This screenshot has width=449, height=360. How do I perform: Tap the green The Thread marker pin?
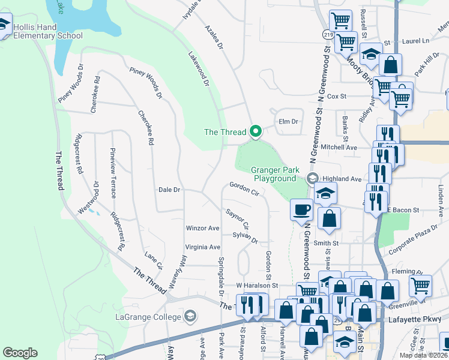point(256,131)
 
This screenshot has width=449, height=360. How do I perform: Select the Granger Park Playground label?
point(274,174)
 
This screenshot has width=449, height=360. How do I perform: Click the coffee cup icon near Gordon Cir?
point(301,210)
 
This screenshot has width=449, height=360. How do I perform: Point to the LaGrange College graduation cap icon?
point(190,316)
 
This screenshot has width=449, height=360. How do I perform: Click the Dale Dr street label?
point(169,190)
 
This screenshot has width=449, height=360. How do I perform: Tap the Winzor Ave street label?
point(203,228)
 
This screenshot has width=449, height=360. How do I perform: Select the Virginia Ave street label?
point(203,247)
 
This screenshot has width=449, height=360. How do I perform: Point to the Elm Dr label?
point(289,122)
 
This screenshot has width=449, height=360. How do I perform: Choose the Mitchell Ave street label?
point(339,147)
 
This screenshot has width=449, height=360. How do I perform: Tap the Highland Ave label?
point(343,179)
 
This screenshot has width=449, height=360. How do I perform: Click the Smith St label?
point(327,243)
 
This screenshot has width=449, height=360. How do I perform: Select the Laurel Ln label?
point(417,41)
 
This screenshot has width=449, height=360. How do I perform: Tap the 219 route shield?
point(327,35)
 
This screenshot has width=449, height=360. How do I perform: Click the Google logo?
point(20,353)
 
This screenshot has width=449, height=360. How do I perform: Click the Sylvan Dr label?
point(245,239)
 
